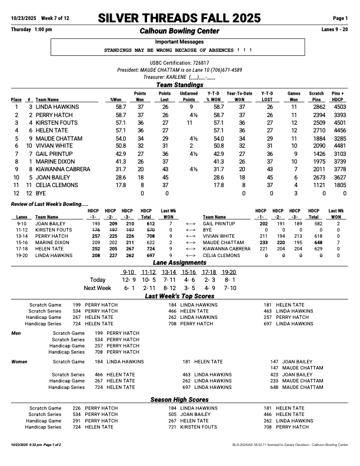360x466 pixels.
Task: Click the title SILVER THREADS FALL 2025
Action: [179, 18]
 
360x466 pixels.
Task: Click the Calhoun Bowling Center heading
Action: [179, 31]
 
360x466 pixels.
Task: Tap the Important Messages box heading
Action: [179, 42]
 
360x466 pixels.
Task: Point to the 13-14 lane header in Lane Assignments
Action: [169, 272]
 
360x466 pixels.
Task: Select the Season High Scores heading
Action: [179, 400]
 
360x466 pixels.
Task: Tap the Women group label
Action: [20, 362]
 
